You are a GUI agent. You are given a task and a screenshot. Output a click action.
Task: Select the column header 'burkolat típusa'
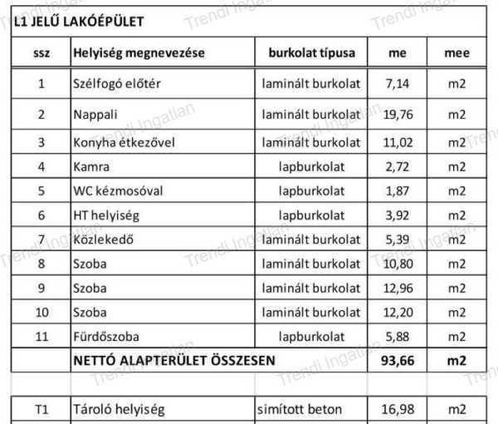[x=311, y=53]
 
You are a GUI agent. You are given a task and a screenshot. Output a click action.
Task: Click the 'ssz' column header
[x=41, y=53]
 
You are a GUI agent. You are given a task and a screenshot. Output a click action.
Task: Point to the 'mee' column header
[x=456, y=53]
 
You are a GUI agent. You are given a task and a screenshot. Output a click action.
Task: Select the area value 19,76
[x=398, y=114]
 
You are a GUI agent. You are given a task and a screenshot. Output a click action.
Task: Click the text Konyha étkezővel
[x=124, y=142]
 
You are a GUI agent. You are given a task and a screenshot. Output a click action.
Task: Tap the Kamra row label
[x=91, y=166]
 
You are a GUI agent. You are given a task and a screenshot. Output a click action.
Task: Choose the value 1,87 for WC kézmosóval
[x=398, y=190]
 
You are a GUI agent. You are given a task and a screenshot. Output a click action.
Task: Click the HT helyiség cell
[x=106, y=215]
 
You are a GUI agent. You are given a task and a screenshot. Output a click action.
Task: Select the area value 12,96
[x=398, y=289]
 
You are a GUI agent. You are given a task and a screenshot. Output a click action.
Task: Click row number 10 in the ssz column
[x=41, y=313]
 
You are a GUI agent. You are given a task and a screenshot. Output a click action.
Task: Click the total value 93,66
[x=398, y=362]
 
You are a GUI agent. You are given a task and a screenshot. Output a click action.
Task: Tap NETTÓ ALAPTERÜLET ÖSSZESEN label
[x=173, y=362]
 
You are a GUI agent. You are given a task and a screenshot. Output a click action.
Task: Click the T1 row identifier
[x=41, y=409]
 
